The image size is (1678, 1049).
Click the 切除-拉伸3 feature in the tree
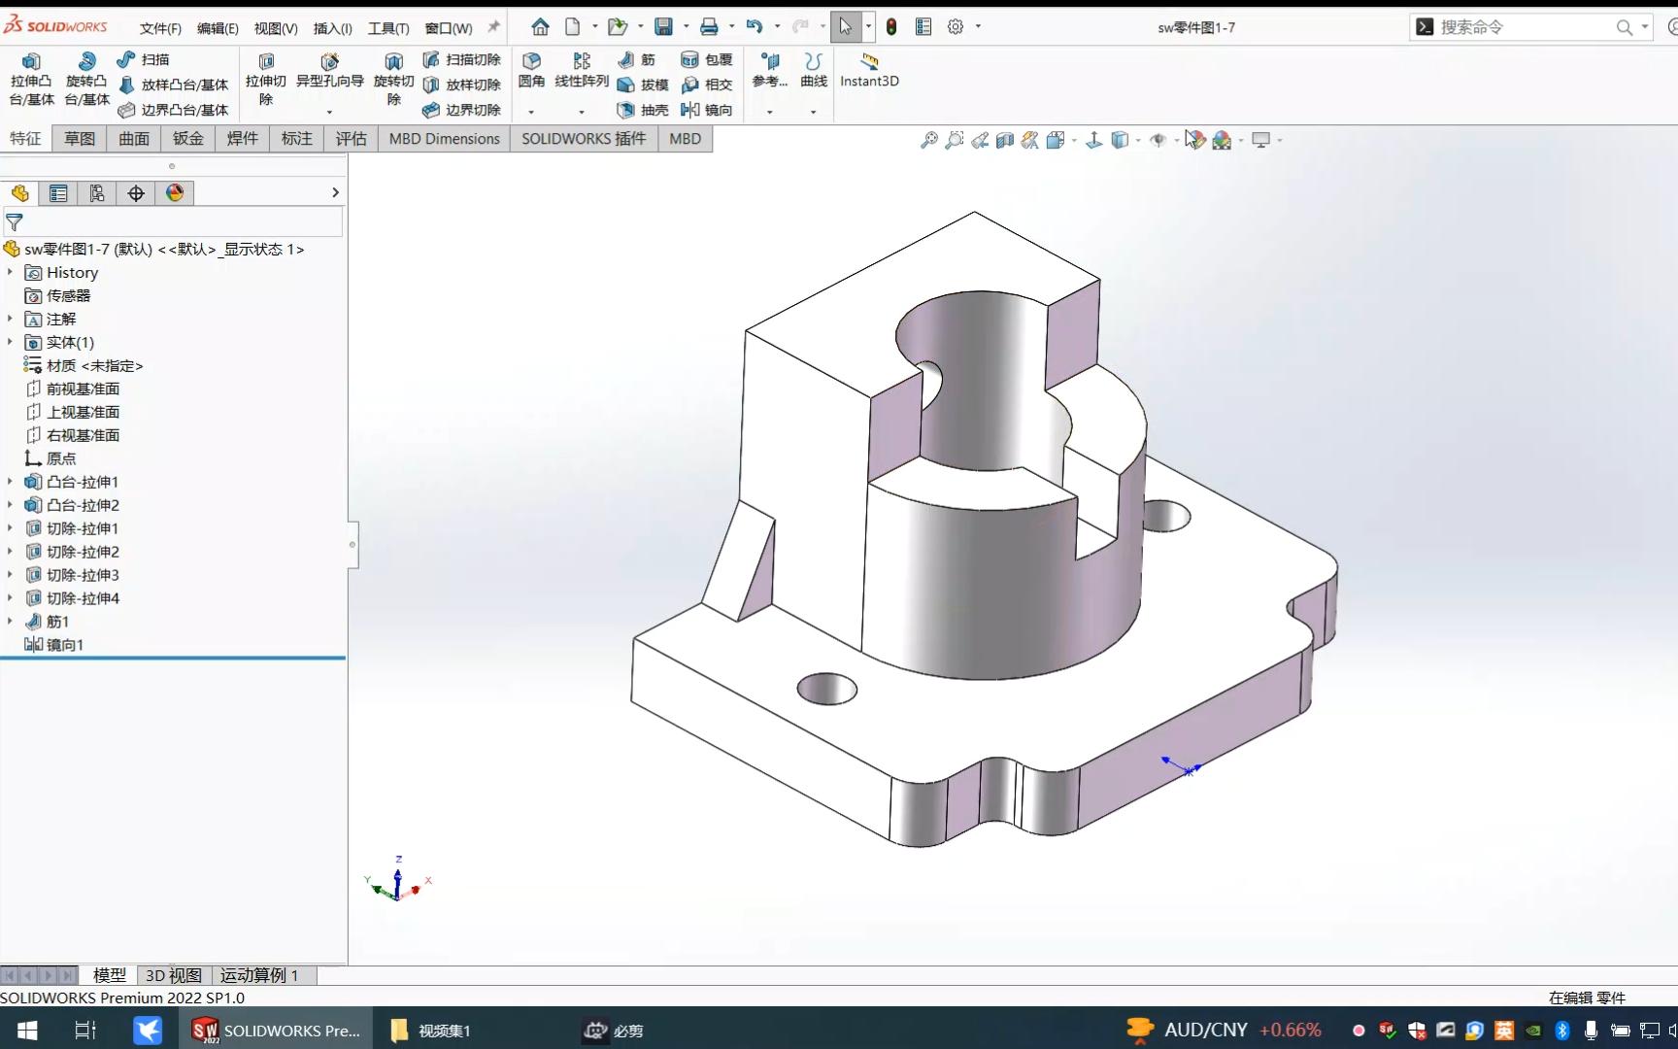tap(83, 575)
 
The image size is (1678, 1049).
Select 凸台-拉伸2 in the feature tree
tap(83, 505)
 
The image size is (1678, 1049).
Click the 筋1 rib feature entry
tap(57, 622)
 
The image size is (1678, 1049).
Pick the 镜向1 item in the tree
tap(64, 645)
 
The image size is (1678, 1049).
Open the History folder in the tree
tap(72, 273)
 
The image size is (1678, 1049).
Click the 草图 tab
tap(80, 139)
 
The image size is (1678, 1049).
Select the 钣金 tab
tap(188, 139)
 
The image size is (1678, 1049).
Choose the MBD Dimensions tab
tap(444, 139)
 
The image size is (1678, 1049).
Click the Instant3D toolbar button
tap(869, 70)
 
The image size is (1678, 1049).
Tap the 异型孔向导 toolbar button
tap(329, 70)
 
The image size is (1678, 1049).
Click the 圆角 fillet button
tap(531, 70)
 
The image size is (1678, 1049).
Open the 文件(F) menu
tap(160, 28)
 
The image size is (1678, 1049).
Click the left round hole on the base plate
tap(826, 689)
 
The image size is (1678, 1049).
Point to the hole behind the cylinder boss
tap(1166, 515)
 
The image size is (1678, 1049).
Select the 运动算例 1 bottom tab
tap(259, 975)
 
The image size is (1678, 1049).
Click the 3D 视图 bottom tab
tap(174, 975)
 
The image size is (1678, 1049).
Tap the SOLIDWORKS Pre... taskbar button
tap(277, 1031)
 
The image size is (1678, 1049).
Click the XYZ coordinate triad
tap(397, 882)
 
